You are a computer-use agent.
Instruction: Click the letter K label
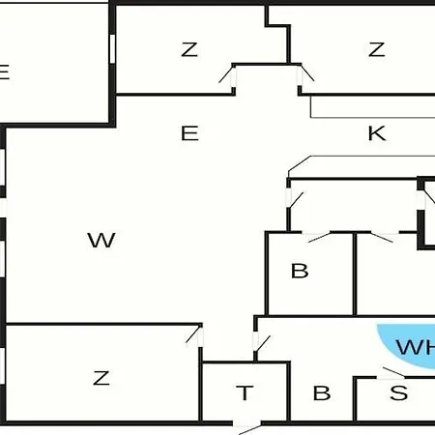377,133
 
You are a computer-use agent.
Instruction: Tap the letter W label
101,240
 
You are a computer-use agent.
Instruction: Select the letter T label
245,393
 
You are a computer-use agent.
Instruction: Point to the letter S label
398,392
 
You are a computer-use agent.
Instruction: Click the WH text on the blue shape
416,347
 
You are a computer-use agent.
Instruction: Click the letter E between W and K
189,133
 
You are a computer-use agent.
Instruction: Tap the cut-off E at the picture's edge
5,72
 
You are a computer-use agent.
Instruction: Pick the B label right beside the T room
322,393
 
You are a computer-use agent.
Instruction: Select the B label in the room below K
300,271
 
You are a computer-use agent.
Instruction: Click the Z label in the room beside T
101,378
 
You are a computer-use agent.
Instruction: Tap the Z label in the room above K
376,49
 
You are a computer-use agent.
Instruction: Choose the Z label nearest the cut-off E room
189,49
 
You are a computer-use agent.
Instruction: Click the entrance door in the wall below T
246,425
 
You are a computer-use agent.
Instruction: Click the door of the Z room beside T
195,335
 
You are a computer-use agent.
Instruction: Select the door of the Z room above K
304,74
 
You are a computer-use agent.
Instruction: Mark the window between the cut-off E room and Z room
112,48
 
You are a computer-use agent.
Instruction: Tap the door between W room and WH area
261,342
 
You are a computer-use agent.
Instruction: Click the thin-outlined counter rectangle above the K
373,106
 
